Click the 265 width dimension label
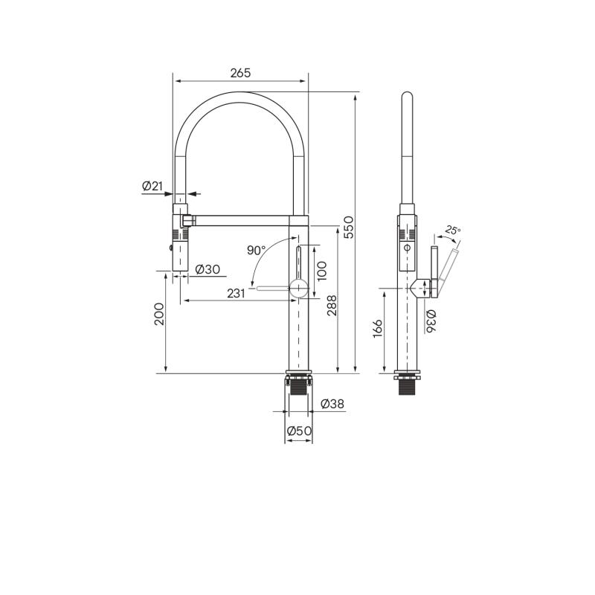coord(240,73)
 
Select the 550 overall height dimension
coord(348,227)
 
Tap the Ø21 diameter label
coord(152,186)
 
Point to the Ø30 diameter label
coord(208,269)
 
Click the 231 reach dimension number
coord(236,294)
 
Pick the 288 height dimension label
coord(332,305)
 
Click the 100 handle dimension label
coord(321,269)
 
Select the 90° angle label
coord(256,250)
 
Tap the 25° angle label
coord(452,231)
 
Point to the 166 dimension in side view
coord(377,329)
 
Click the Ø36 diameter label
coord(431,321)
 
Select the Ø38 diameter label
coord(332,404)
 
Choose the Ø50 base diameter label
coord(299,430)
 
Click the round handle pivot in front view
coord(297,289)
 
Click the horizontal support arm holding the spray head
coord(245,220)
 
